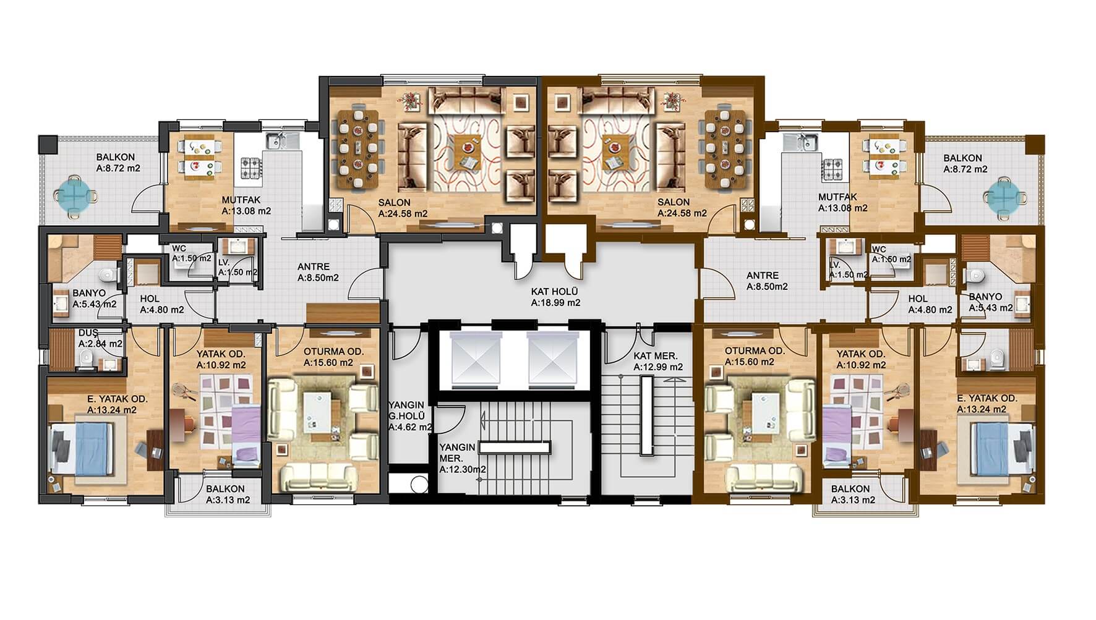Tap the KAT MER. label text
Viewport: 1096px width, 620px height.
[x=655, y=356]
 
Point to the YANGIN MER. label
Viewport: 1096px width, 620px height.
[x=457, y=452]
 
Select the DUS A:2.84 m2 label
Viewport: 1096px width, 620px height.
[x=100, y=338]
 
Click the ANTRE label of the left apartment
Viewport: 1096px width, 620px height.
[x=314, y=267]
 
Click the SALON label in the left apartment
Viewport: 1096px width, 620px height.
[x=395, y=202]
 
